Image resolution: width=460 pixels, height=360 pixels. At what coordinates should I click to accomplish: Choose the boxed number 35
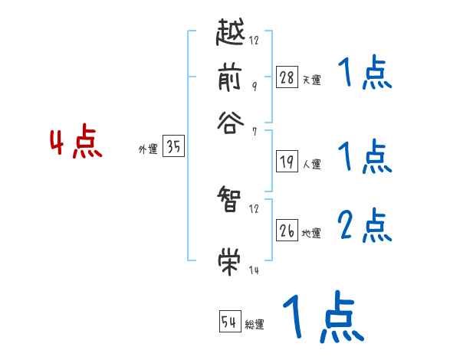coord(173,149)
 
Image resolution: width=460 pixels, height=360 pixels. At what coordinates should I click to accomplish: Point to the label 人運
coord(311,164)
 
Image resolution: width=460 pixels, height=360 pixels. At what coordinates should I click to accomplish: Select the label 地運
coord(311,234)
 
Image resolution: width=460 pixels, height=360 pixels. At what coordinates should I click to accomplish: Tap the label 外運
coord(148,150)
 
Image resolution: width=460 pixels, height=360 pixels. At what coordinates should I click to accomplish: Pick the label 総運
coord(255,325)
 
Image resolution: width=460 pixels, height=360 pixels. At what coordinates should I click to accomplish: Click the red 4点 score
coord(76,144)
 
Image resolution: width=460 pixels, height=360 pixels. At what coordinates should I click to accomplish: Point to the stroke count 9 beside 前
coord(254,87)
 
